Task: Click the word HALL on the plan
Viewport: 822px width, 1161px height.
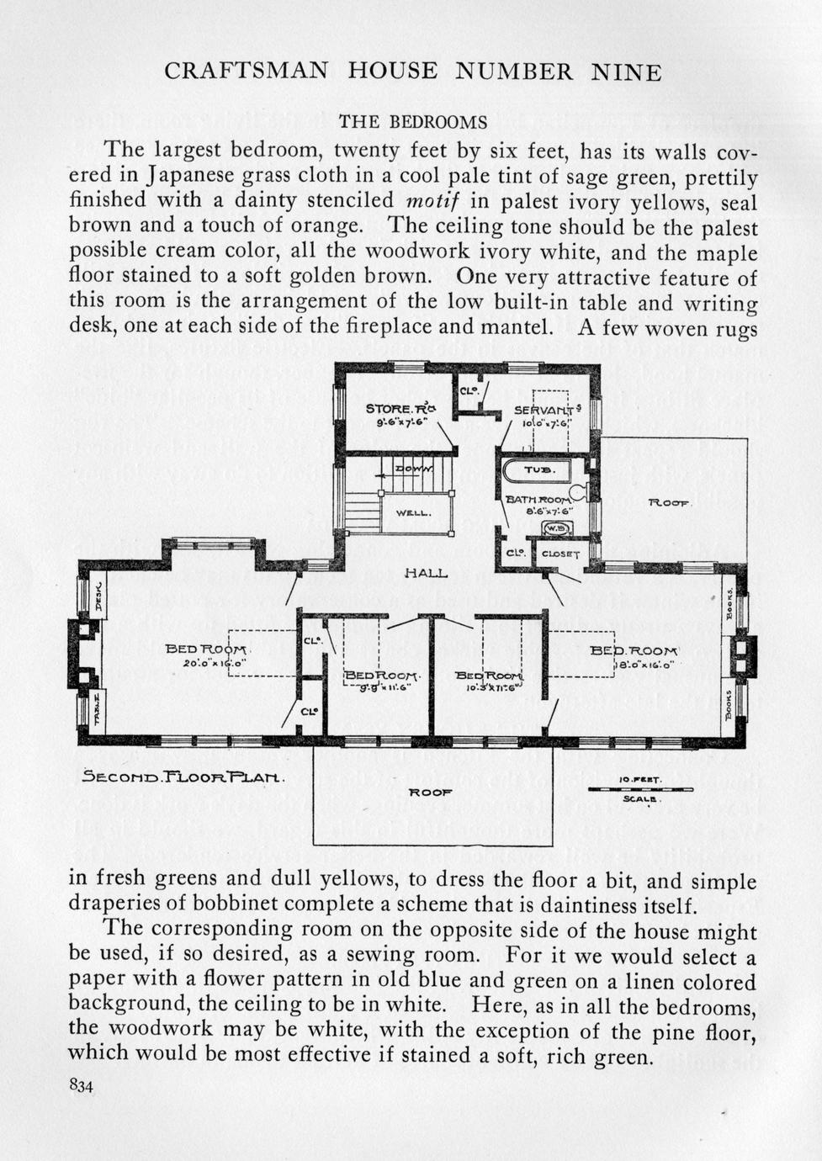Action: [426, 574]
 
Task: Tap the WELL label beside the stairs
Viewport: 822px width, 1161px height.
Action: [414, 512]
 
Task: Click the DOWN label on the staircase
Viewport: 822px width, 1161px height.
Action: [416, 469]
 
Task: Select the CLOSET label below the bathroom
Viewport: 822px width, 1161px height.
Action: [559, 554]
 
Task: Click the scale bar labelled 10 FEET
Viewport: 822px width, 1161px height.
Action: [640, 789]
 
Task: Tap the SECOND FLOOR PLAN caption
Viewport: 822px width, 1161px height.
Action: [183, 777]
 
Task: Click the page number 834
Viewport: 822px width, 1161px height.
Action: [81, 1085]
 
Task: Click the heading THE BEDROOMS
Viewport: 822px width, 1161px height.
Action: [412, 122]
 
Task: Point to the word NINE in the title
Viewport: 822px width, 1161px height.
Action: [626, 72]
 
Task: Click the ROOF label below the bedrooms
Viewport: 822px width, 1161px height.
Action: [430, 792]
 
